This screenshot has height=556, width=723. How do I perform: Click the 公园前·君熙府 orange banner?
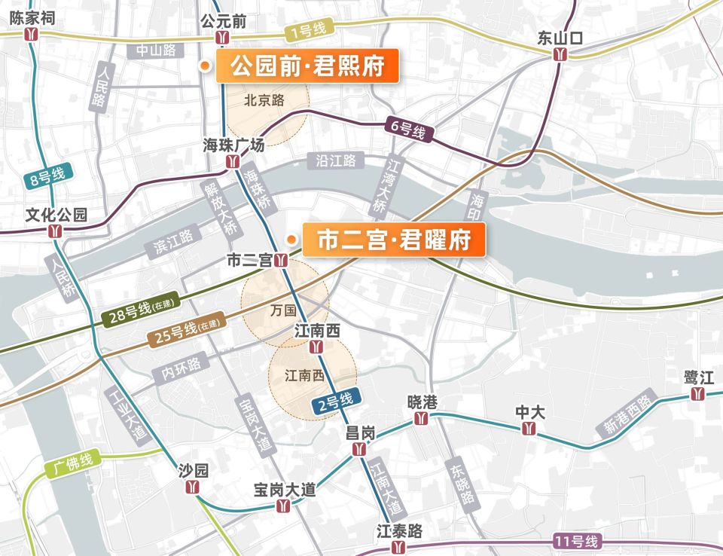(x=307, y=67)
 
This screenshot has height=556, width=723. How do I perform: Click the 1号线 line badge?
(x=307, y=31)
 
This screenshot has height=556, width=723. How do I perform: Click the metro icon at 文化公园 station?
(x=56, y=231)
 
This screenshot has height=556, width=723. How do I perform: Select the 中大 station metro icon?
(x=529, y=429)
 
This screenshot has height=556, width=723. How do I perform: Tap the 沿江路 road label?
(x=336, y=160)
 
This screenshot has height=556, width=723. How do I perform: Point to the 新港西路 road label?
(x=627, y=414)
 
